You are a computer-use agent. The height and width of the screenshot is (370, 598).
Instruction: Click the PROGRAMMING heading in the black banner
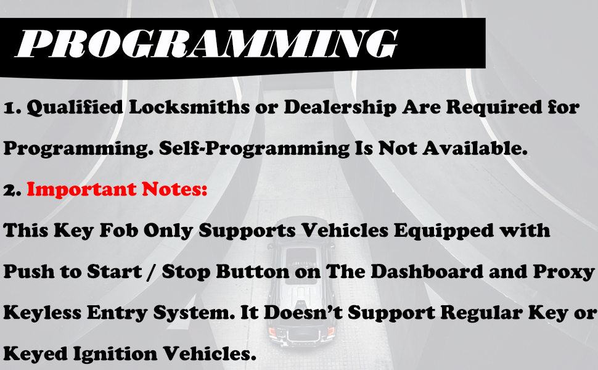click(x=207, y=43)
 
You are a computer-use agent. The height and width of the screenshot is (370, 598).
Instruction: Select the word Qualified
click(x=75, y=107)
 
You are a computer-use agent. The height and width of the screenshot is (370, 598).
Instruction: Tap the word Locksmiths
click(x=189, y=107)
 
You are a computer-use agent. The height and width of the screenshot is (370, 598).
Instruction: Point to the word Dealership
click(x=340, y=108)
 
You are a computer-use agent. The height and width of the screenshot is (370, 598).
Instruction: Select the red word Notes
click(x=174, y=189)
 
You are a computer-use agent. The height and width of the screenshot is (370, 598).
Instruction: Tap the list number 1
click(x=12, y=109)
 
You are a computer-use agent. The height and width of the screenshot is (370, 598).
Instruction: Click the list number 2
click(x=12, y=191)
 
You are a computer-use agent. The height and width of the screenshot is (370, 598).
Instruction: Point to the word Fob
click(x=118, y=230)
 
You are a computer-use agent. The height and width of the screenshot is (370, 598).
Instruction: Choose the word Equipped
click(x=443, y=231)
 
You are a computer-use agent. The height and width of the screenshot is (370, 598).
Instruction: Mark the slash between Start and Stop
click(x=152, y=272)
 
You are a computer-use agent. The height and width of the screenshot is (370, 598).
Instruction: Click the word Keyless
click(x=43, y=313)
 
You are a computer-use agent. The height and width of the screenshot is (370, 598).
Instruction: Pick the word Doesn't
click(x=303, y=313)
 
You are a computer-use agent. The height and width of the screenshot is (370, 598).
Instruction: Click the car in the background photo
click(x=300, y=281)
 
